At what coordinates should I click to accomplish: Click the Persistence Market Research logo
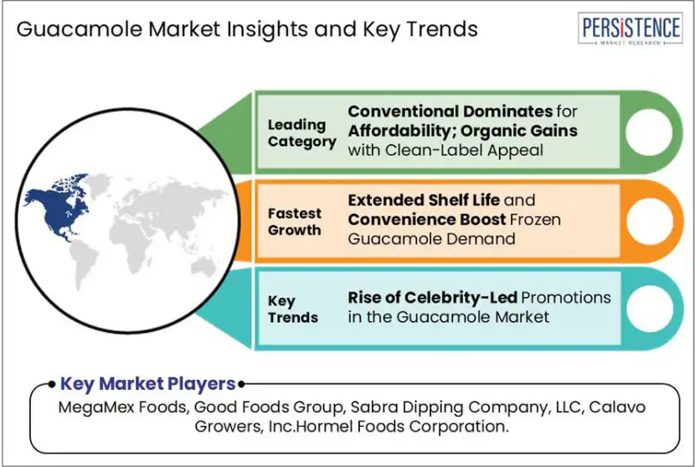[630, 29]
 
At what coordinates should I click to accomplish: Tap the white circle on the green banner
[649, 132]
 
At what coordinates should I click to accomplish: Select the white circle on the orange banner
[649, 221]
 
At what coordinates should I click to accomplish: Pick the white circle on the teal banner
[651, 309]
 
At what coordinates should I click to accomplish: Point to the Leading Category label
[301, 133]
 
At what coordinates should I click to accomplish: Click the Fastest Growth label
[294, 221]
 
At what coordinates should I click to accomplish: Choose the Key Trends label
[292, 309]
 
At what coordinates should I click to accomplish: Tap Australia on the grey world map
[203, 267]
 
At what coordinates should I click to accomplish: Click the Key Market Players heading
[147, 383]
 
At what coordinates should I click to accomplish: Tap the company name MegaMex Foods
[122, 407]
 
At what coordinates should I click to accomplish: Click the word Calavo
[617, 407]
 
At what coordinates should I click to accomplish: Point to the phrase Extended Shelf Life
[424, 200]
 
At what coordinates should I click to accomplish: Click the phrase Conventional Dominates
[450, 111]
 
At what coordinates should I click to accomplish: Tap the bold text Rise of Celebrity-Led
[433, 298]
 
